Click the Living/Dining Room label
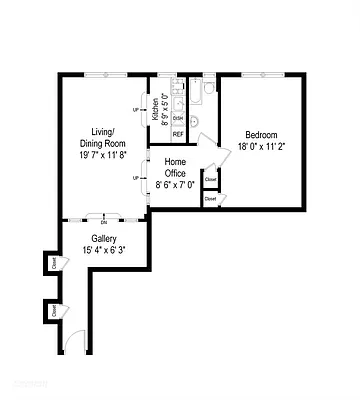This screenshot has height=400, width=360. click(103, 138)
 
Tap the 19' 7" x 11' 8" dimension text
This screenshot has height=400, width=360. click(103, 155)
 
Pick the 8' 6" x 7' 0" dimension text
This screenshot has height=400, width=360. click(175, 184)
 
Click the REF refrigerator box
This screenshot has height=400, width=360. click(178, 133)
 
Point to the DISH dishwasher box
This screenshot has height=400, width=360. click(178, 118)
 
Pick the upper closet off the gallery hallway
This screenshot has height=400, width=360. click(51, 263)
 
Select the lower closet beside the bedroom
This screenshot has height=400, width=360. click(210, 198)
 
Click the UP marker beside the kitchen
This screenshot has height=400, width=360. click(136, 110)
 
